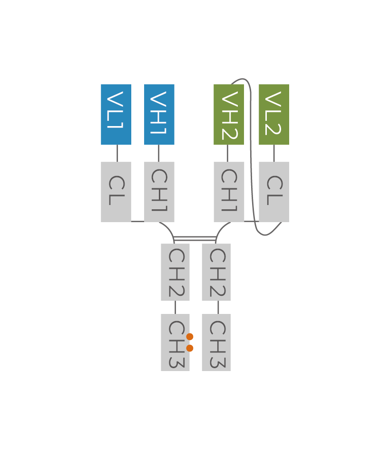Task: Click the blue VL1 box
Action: (x=116, y=115)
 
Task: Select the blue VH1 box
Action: (x=159, y=115)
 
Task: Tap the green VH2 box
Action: (x=228, y=115)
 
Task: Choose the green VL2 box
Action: (x=274, y=115)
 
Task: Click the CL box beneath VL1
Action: (x=116, y=192)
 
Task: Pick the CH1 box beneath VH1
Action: (x=159, y=192)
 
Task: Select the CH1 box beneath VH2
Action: (x=229, y=192)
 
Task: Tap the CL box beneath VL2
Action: (x=274, y=192)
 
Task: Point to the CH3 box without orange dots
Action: (x=216, y=342)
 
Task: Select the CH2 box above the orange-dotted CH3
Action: (x=175, y=272)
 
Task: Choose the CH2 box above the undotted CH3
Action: (x=216, y=272)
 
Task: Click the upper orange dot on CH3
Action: (x=190, y=337)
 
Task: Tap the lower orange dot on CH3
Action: (x=190, y=348)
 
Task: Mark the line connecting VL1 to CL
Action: (x=117, y=153)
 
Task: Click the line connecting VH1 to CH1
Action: (x=159, y=153)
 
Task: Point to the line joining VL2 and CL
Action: (x=274, y=153)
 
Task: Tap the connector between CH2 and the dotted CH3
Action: (x=175, y=307)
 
